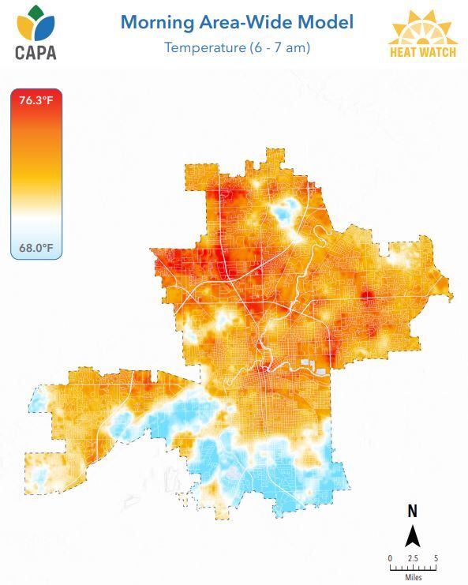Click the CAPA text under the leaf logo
tap(35, 54)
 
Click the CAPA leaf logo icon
tap(36, 25)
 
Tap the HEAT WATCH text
tap(423, 53)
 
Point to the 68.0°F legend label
tap(36, 248)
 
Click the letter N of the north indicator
tap(412, 512)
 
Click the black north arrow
tap(412, 537)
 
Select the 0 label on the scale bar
tap(390, 558)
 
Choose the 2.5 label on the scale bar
tap(412, 558)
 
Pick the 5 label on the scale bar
tap(436, 558)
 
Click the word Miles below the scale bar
tap(413, 577)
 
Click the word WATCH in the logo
tap(436, 53)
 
